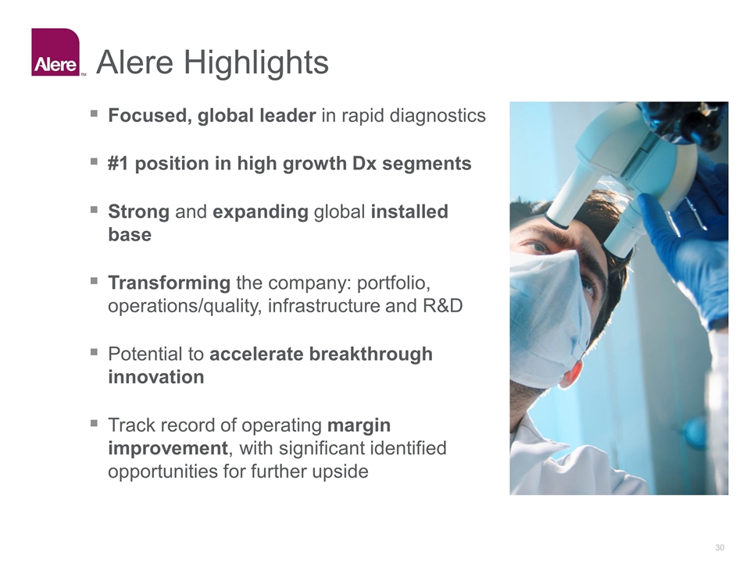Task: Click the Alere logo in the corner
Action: click(55, 52)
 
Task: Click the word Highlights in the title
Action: click(256, 62)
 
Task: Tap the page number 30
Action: click(720, 547)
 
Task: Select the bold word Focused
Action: click(150, 116)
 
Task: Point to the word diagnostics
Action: click(437, 116)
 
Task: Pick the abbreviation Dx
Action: click(365, 163)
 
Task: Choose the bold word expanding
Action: click(260, 212)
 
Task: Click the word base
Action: click(130, 235)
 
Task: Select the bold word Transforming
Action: click(170, 283)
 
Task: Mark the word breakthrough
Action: click(370, 354)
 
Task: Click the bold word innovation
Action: click(156, 377)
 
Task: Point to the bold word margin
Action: click(359, 425)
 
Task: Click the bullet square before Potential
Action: click(94, 352)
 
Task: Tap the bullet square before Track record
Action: click(94, 423)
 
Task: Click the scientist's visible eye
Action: click(538, 247)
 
